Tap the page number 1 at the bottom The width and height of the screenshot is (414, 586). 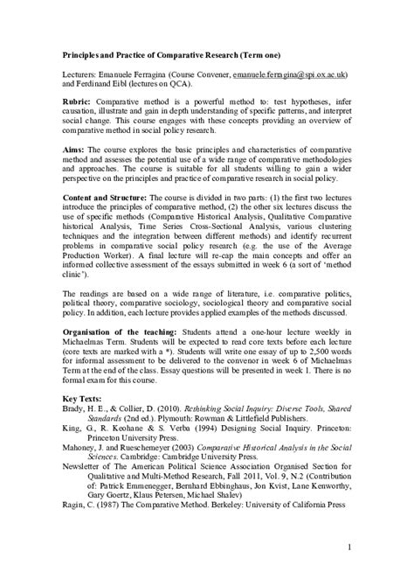(348, 548)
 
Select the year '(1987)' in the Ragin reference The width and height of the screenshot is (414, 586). (117, 529)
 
